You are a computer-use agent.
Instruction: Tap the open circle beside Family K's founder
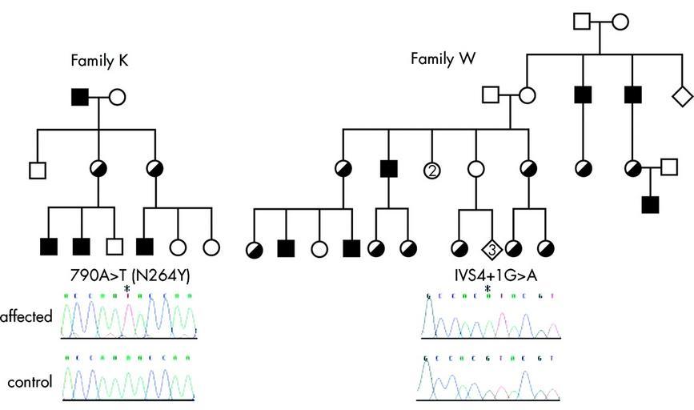(116, 98)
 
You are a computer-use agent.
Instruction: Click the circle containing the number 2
(432, 170)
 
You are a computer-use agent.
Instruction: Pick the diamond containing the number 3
(491, 249)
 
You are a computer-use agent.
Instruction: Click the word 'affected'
(26, 316)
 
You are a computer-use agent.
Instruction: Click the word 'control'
(29, 382)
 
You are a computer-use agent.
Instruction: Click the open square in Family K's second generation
(36, 170)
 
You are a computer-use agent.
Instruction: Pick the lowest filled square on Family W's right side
(650, 204)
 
